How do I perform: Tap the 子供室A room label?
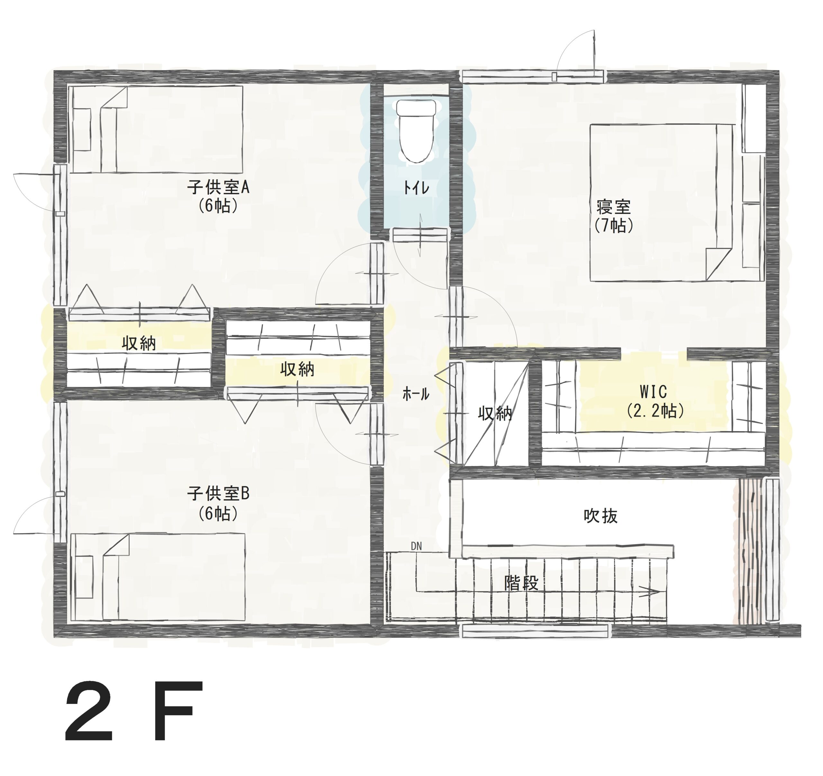218,188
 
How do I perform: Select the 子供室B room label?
218,494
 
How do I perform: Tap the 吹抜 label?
601,516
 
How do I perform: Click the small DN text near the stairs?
416,546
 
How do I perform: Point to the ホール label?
416,394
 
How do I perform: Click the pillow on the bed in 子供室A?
82,129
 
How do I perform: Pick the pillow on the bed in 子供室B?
84,577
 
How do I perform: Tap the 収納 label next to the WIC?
495,413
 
